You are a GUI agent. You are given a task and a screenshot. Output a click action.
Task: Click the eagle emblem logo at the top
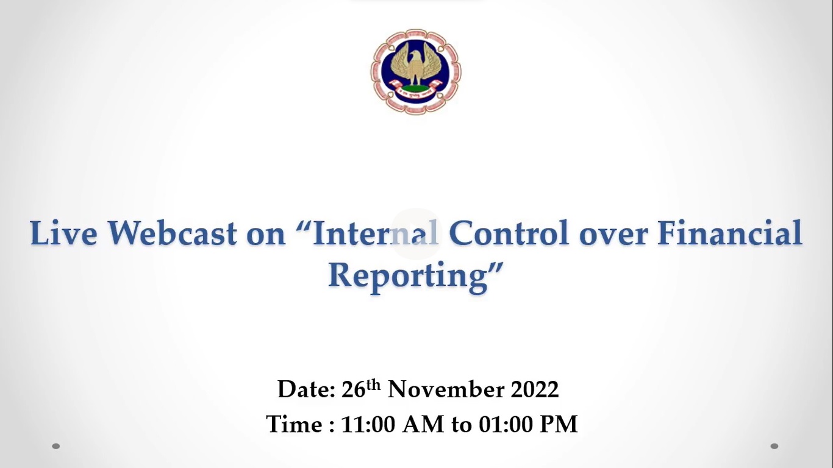point(416,72)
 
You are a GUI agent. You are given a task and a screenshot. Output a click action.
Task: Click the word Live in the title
point(63,233)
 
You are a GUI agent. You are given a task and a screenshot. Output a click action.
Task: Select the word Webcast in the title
point(172,233)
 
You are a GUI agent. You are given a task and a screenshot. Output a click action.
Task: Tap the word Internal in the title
point(376,233)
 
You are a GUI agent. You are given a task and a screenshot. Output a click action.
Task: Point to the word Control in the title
point(509,233)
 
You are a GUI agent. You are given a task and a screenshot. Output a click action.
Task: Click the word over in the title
point(614,236)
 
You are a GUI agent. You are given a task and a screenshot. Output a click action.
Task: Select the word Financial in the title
point(730,233)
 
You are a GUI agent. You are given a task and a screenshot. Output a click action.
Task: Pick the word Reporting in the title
point(408,277)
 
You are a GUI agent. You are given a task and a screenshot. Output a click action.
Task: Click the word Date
point(306,389)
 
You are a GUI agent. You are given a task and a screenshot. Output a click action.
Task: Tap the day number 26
point(353,389)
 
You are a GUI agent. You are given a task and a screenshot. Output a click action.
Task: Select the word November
point(446,389)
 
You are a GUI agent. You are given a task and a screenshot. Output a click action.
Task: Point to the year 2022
point(535,389)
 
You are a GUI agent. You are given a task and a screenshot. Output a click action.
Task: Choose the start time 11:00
point(368,424)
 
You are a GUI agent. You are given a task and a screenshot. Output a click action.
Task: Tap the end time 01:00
point(506,424)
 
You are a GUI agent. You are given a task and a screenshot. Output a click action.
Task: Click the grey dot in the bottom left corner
point(55,446)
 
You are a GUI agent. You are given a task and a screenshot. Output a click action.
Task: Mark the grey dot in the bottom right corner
point(774,446)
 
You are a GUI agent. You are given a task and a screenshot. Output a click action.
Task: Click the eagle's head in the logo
point(415,57)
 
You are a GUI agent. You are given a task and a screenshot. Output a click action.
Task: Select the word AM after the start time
point(423,424)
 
